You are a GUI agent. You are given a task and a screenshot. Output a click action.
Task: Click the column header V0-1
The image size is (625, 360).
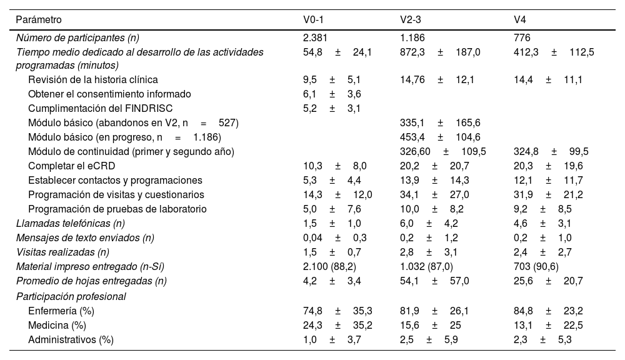pos(312,21)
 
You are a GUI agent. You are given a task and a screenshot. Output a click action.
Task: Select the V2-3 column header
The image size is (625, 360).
pos(411,21)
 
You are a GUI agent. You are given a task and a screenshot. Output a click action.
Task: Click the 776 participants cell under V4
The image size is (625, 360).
pos(522,38)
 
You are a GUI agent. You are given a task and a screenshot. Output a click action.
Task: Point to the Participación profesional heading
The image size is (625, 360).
pos(71,296)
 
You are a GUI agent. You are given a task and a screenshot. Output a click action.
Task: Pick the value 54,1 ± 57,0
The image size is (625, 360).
pos(434,281)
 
